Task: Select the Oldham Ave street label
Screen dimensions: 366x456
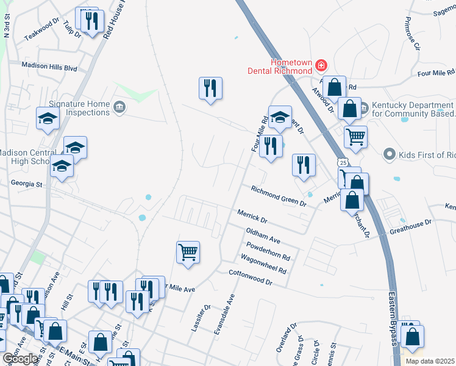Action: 262,235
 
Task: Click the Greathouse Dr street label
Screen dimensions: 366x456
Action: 410,227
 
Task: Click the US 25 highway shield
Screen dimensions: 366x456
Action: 344,163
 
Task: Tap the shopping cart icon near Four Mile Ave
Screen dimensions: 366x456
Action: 188,251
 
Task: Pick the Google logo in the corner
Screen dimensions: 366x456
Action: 20,359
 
